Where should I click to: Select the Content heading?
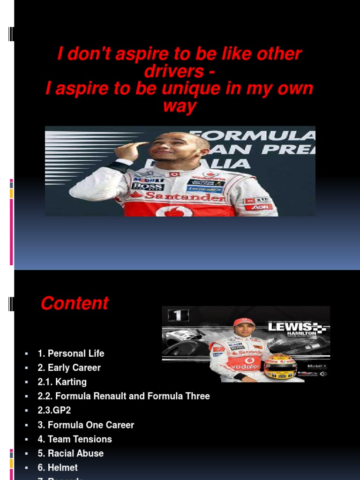pyautogui.click(x=75, y=303)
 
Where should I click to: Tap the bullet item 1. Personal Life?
pyautogui.click(x=71, y=353)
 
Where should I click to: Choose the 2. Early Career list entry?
pyautogui.click(x=69, y=368)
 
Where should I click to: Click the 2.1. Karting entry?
pyautogui.click(x=62, y=382)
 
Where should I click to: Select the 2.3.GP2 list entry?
pyautogui.click(x=54, y=411)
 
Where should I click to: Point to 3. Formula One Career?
pyautogui.click(x=86, y=425)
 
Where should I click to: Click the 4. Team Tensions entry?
pyautogui.click(x=75, y=439)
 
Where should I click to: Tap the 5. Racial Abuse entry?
pyautogui.click(x=70, y=453)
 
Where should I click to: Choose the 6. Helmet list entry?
pyautogui.click(x=58, y=467)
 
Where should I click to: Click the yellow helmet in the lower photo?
pyautogui.click(x=280, y=366)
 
